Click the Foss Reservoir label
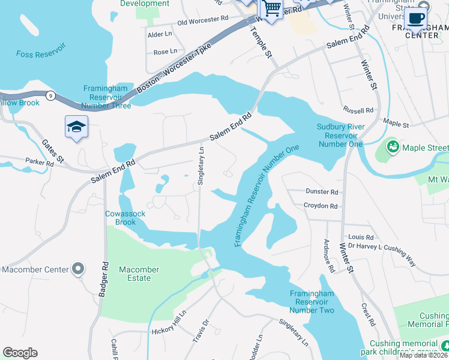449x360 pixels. coord(40,54)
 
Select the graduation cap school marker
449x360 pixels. coord(76,127)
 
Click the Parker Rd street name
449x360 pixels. coord(40,162)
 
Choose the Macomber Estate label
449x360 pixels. coord(139,274)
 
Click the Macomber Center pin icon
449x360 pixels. coord(78,269)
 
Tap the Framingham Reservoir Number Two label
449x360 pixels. coord(312,301)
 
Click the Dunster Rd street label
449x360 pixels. coord(322,192)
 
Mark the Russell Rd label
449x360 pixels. coord(358,110)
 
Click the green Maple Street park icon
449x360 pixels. coord(393,146)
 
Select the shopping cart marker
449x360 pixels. coord(271,9)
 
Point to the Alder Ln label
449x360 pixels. coord(160,35)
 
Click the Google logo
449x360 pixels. coord(20,353)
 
